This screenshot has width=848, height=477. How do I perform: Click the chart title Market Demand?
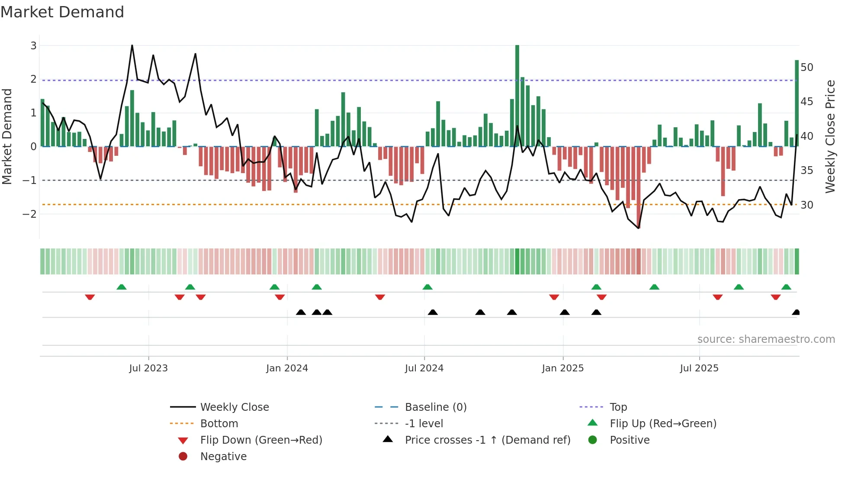pos(62,12)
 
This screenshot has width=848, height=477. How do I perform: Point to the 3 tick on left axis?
pos(33,45)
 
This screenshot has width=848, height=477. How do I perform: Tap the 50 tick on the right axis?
pos(806,68)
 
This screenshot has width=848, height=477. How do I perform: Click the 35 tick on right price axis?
pos(806,171)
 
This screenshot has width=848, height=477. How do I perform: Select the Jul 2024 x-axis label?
pos(424,368)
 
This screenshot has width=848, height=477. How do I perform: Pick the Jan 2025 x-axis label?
pos(562,368)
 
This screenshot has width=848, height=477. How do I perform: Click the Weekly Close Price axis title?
pos(830,136)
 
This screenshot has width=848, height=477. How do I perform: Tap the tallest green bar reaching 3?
pos(517,95)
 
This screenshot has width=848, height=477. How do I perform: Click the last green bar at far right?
pos(797,104)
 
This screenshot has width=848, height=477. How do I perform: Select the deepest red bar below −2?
pos(639,186)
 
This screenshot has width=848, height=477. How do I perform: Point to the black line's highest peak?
pos(132,45)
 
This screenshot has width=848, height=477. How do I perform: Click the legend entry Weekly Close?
pos(234,407)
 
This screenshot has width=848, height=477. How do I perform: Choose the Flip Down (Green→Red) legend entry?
pos(261,440)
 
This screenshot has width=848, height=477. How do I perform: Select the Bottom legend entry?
pos(219,424)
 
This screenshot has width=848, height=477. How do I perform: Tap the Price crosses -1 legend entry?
pos(487,440)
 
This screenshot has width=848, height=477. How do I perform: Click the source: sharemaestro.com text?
pos(766,339)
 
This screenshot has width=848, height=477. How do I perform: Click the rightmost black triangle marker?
pos(796,313)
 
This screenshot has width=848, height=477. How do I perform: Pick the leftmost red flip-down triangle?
pos(90,297)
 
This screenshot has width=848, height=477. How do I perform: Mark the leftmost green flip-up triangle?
pos(122,287)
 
